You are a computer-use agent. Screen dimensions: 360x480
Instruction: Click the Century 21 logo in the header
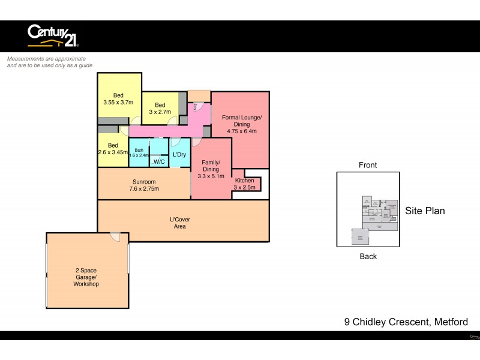click(x=53, y=35)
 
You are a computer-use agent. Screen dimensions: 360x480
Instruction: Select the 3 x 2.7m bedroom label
click(x=160, y=108)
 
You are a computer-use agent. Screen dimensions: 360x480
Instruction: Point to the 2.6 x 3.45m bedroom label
click(x=113, y=149)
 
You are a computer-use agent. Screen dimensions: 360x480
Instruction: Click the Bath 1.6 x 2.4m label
click(x=139, y=152)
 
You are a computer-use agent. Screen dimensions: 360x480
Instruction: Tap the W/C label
click(x=159, y=162)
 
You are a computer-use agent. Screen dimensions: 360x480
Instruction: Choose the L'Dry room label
click(x=179, y=155)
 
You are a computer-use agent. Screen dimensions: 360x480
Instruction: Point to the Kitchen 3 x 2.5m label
click(x=244, y=184)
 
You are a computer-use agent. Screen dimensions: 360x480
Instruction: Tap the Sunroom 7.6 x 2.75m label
click(x=144, y=185)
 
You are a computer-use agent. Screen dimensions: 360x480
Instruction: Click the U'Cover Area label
click(x=180, y=223)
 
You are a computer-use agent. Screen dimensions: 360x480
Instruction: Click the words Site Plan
click(x=425, y=211)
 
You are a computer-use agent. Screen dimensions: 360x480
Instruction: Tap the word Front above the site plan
click(x=367, y=165)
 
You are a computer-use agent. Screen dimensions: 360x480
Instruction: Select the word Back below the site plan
click(x=368, y=256)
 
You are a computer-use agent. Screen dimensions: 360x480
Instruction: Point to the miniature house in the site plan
click(x=378, y=215)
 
